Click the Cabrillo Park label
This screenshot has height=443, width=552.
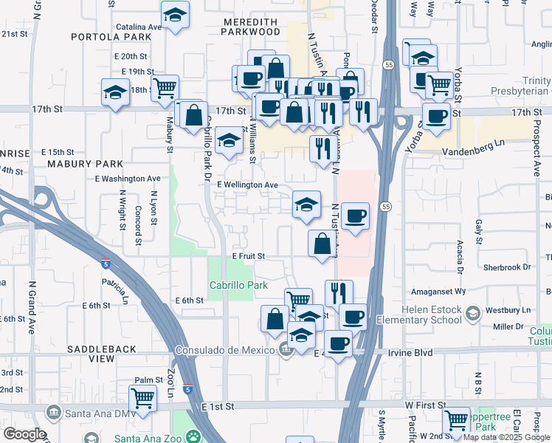point(236,286)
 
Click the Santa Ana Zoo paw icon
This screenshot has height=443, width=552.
point(193,437)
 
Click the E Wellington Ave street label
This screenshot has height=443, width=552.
point(247,185)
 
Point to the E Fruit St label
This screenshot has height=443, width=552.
point(248,255)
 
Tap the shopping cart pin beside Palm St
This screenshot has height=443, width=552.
point(142,399)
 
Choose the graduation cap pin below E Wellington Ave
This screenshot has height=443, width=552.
point(306,204)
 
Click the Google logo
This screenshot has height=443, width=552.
point(24,434)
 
